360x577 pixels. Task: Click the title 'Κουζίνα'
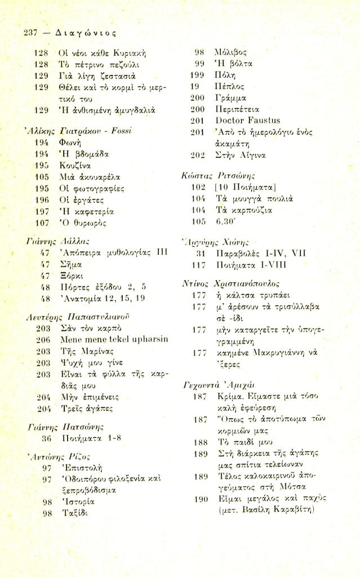75,167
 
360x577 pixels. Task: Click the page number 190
197,499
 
